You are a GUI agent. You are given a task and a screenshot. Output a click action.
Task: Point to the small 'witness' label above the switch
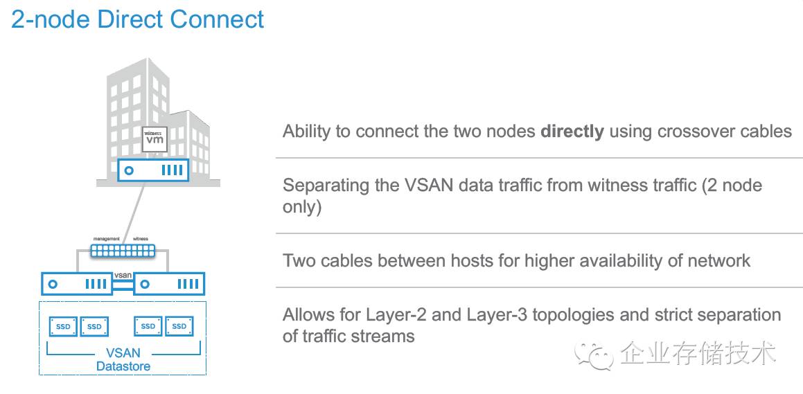tap(141, 239)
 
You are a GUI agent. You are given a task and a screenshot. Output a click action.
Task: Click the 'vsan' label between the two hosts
tap(122, 275)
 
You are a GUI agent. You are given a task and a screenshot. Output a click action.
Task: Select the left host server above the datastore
tap(76, 283)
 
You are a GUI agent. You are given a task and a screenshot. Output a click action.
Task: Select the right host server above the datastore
tap(169, 283)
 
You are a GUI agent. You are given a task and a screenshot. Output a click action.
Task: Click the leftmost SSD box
tap(63, 326)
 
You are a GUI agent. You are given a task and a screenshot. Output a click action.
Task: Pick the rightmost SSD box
tap(179, 326)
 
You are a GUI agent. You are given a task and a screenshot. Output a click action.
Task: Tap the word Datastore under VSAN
tap(122, 366)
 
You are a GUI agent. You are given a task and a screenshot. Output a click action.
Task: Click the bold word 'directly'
tap(572, 131)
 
